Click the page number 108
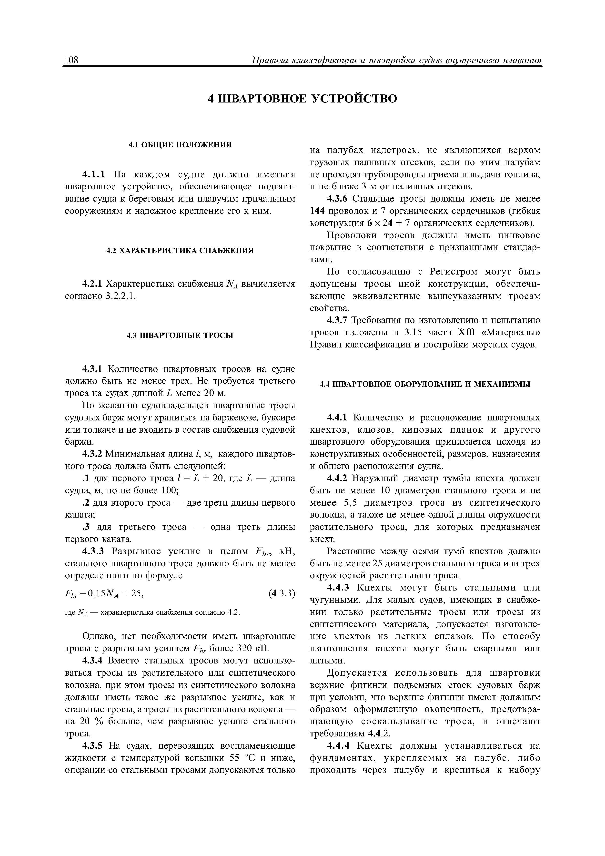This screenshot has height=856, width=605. click(x=71, y=60)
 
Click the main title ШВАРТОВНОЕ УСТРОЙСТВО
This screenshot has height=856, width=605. click(x=302, y=99)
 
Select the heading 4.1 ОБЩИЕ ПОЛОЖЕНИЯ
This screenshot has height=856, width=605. click(x=180, y=145)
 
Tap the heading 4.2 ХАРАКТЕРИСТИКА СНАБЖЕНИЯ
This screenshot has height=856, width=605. click(x=180, y=251)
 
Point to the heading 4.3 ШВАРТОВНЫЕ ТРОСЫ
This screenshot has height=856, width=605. click(x=180, y=336)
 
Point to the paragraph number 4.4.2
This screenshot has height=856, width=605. click(x=338, y=478)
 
